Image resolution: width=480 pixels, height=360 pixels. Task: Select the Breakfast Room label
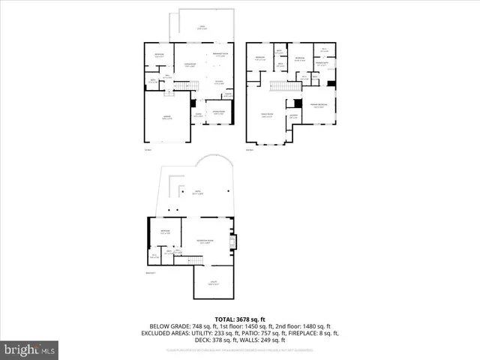220,55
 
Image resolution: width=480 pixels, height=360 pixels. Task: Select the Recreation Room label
202,241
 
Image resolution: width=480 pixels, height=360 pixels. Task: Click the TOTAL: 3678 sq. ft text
239,319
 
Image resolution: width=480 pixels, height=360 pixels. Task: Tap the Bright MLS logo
30,349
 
